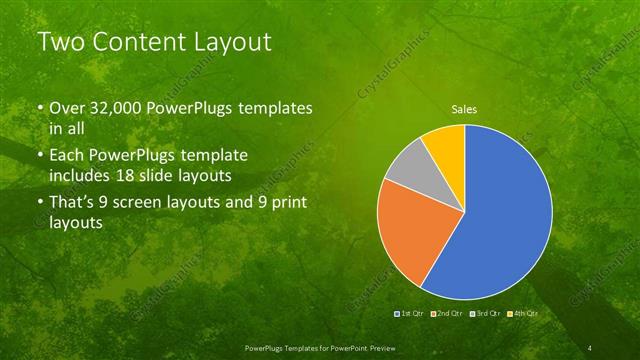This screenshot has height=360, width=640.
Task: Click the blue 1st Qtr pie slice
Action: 510,220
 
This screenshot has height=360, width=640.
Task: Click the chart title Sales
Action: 464,107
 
